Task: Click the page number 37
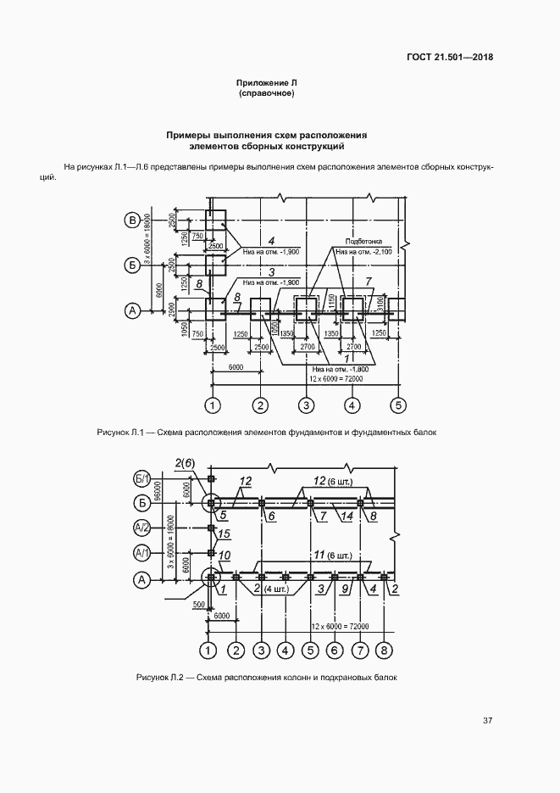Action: pos(487,721)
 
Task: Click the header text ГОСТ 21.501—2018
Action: pos(450,58)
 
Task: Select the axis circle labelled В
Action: pos(132,221)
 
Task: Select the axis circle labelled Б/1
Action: pos(142,477)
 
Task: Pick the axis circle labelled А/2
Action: pos(142,528)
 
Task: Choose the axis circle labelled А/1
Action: pos(142,552)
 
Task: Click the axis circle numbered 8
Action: pos(385,651)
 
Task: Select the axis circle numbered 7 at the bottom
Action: pos(360,651)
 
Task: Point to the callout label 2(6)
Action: pos(185,462)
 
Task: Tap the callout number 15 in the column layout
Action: pos(225,533)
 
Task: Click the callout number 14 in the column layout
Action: pos(347,515)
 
